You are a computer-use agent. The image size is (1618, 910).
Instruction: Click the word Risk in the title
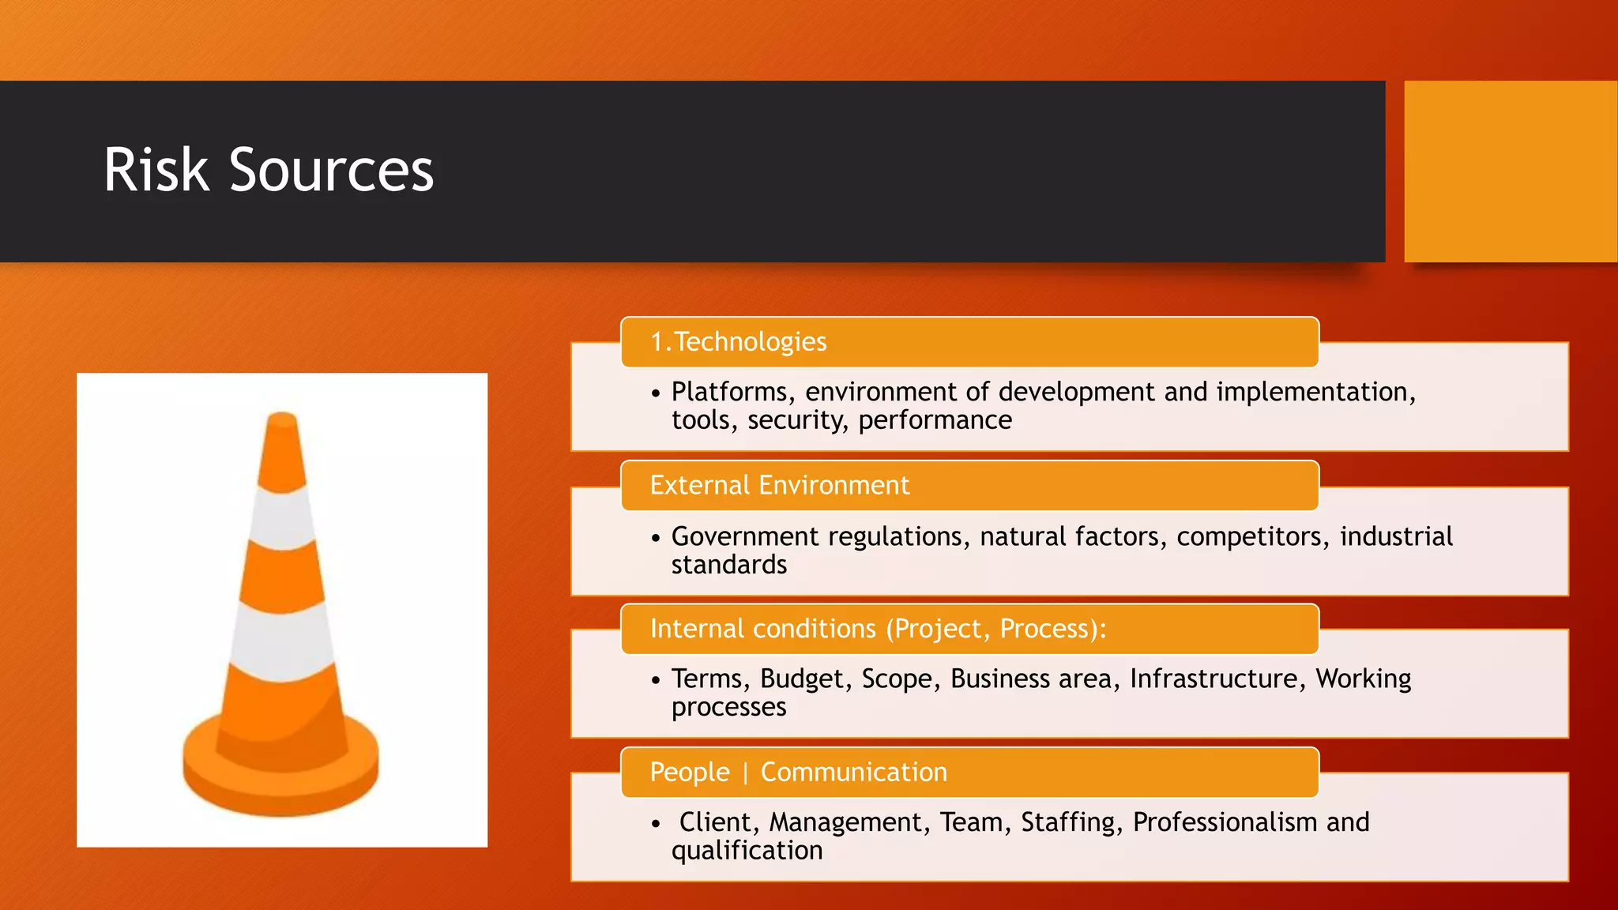156,171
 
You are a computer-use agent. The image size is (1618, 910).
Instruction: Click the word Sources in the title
331,171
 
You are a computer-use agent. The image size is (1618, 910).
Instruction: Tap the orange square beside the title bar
1510,171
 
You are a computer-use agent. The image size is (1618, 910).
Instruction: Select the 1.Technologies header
738,342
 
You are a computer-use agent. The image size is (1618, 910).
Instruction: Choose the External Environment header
779,485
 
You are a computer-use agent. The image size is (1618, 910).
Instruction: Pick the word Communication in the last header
853,773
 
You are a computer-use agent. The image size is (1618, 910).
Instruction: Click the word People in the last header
689,773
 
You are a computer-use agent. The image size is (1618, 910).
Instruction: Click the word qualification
747,851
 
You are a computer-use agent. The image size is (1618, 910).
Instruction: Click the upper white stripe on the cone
282,517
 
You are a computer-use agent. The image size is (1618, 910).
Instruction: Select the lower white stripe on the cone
281,641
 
